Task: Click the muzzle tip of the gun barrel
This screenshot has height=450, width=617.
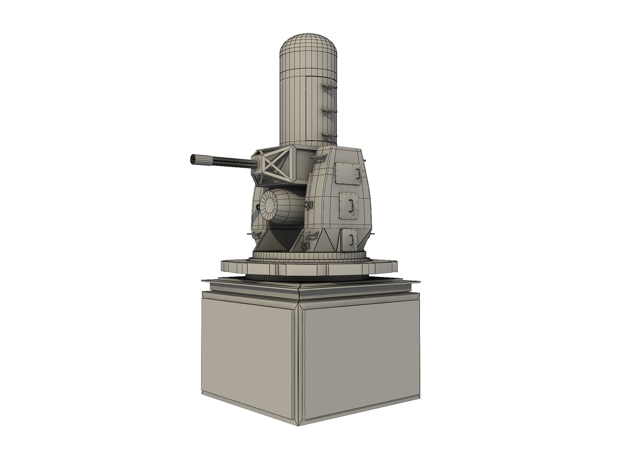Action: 192,160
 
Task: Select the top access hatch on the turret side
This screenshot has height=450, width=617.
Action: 348,174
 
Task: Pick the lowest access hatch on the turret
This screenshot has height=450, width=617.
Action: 349,239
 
